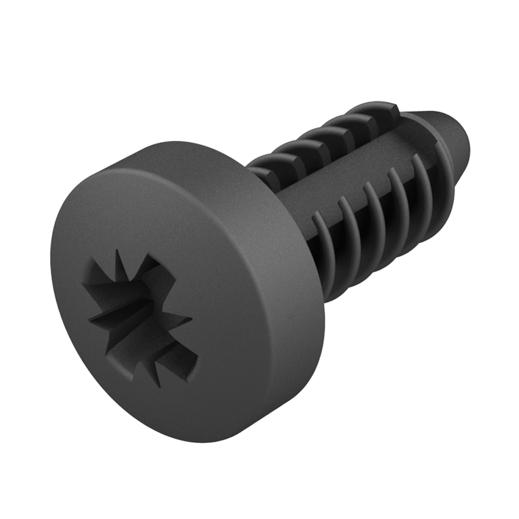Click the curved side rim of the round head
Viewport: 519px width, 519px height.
click(x=280, y=311)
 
